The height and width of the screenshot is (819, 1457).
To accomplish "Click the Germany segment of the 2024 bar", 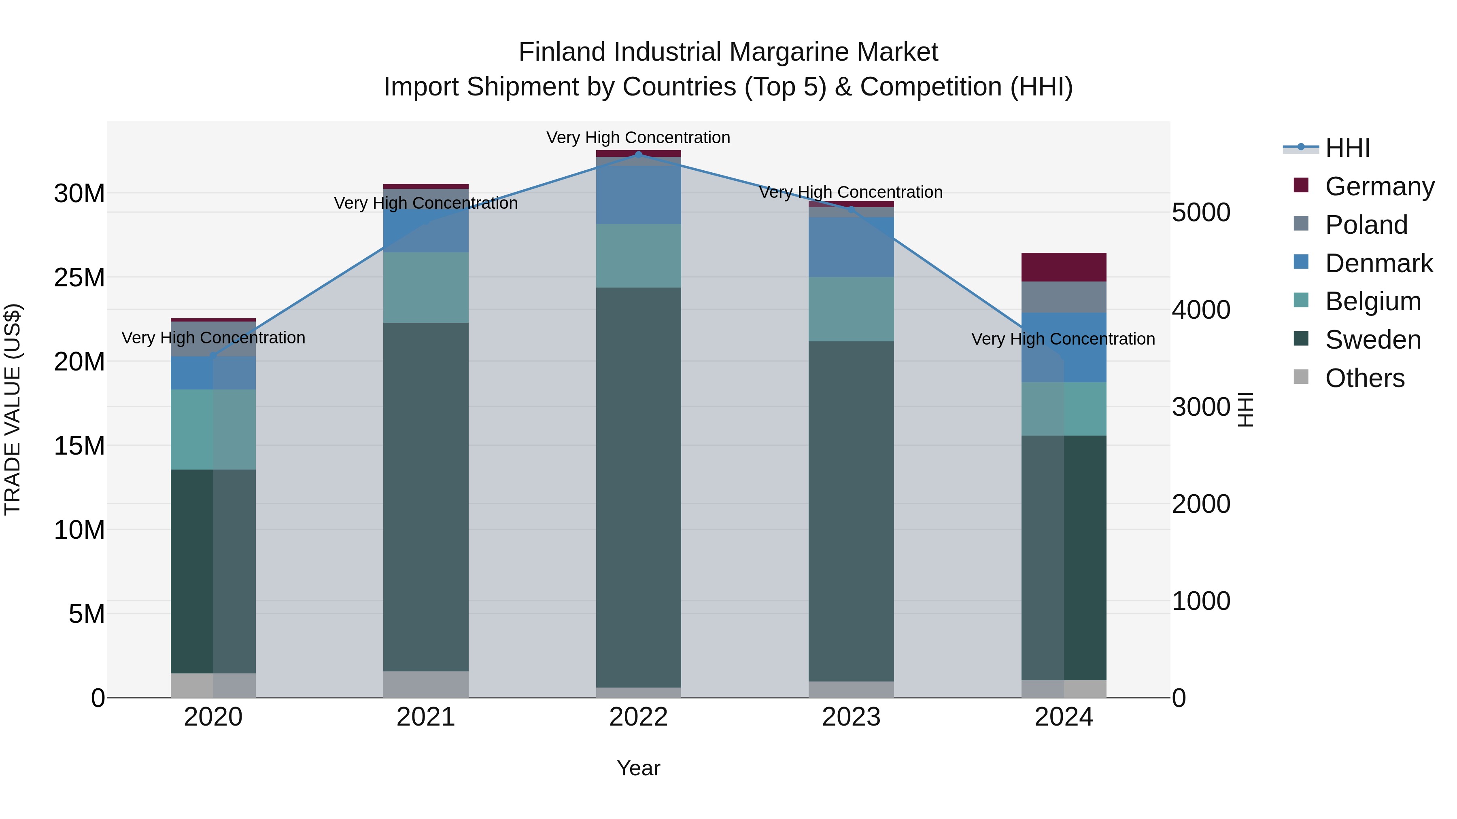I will (x=1063, y=267).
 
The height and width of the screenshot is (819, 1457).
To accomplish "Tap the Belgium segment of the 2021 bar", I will (x=425, y=287).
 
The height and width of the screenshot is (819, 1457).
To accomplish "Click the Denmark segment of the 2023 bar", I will (x=851, y=247).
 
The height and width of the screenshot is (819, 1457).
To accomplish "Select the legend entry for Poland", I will (x=1366, y=224).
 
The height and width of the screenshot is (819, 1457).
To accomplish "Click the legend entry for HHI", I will (x=1347, y=148).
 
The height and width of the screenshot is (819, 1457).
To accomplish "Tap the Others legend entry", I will (x=1364, y=378).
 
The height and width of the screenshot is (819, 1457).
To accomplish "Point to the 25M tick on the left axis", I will (x=79, y=277).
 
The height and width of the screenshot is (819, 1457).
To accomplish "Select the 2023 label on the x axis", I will (x=851, y=717).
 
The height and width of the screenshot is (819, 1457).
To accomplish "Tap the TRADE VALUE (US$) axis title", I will (x=13, y=409).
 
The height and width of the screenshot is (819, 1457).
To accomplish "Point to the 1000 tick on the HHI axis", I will (x=1201, y=601).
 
